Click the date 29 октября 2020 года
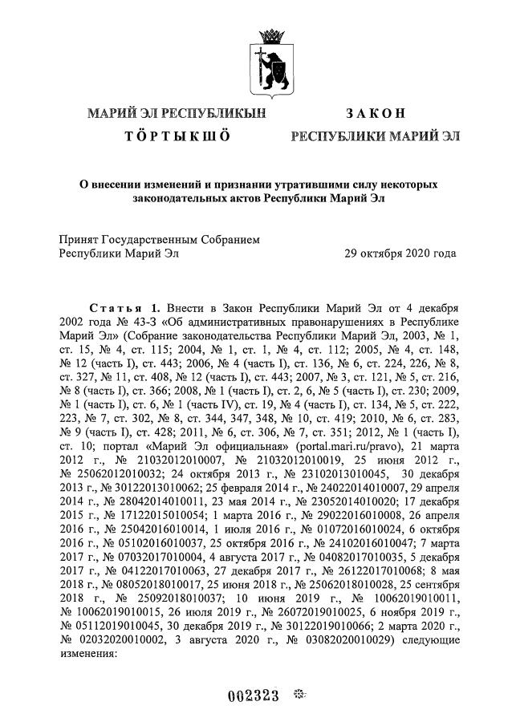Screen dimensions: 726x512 [400, 253]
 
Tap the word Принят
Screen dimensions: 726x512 [81, 239]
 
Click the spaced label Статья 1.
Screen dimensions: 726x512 [124, 308]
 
